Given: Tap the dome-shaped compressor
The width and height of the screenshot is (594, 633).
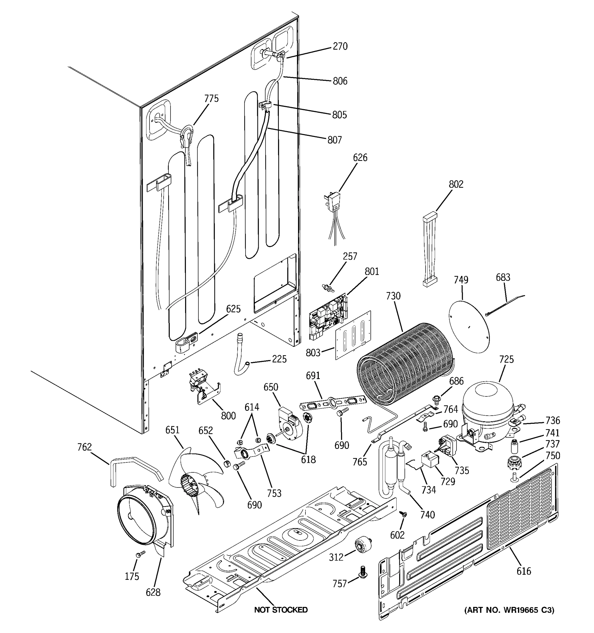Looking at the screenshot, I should (x=488, y=411).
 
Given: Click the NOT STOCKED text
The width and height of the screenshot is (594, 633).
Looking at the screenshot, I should (x=281, y=610).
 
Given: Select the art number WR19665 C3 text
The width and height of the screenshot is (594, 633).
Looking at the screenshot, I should (x=509, y=610).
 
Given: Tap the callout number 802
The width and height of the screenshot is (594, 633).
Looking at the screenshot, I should (x=456, y=184).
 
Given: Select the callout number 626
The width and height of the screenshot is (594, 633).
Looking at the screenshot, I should (x=360, y=158).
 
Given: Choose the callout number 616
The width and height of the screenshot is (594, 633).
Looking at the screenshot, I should (x=524, y=571).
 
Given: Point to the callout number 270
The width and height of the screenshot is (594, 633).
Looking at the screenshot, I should (x=340, y=46).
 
